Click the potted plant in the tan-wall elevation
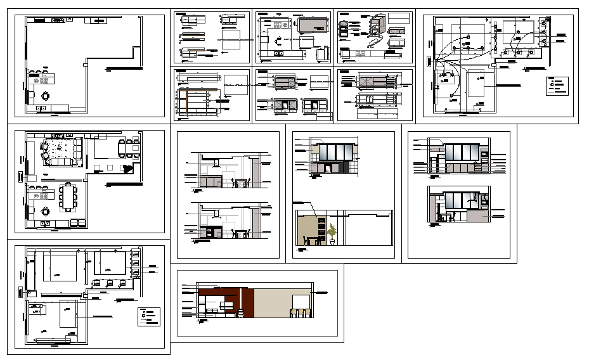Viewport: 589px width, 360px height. coord(331,234)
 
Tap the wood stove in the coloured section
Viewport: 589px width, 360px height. coord(240,312)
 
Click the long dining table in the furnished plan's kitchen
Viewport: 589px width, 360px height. coord(68,196)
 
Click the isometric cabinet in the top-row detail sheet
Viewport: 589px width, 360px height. coord(379,26)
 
